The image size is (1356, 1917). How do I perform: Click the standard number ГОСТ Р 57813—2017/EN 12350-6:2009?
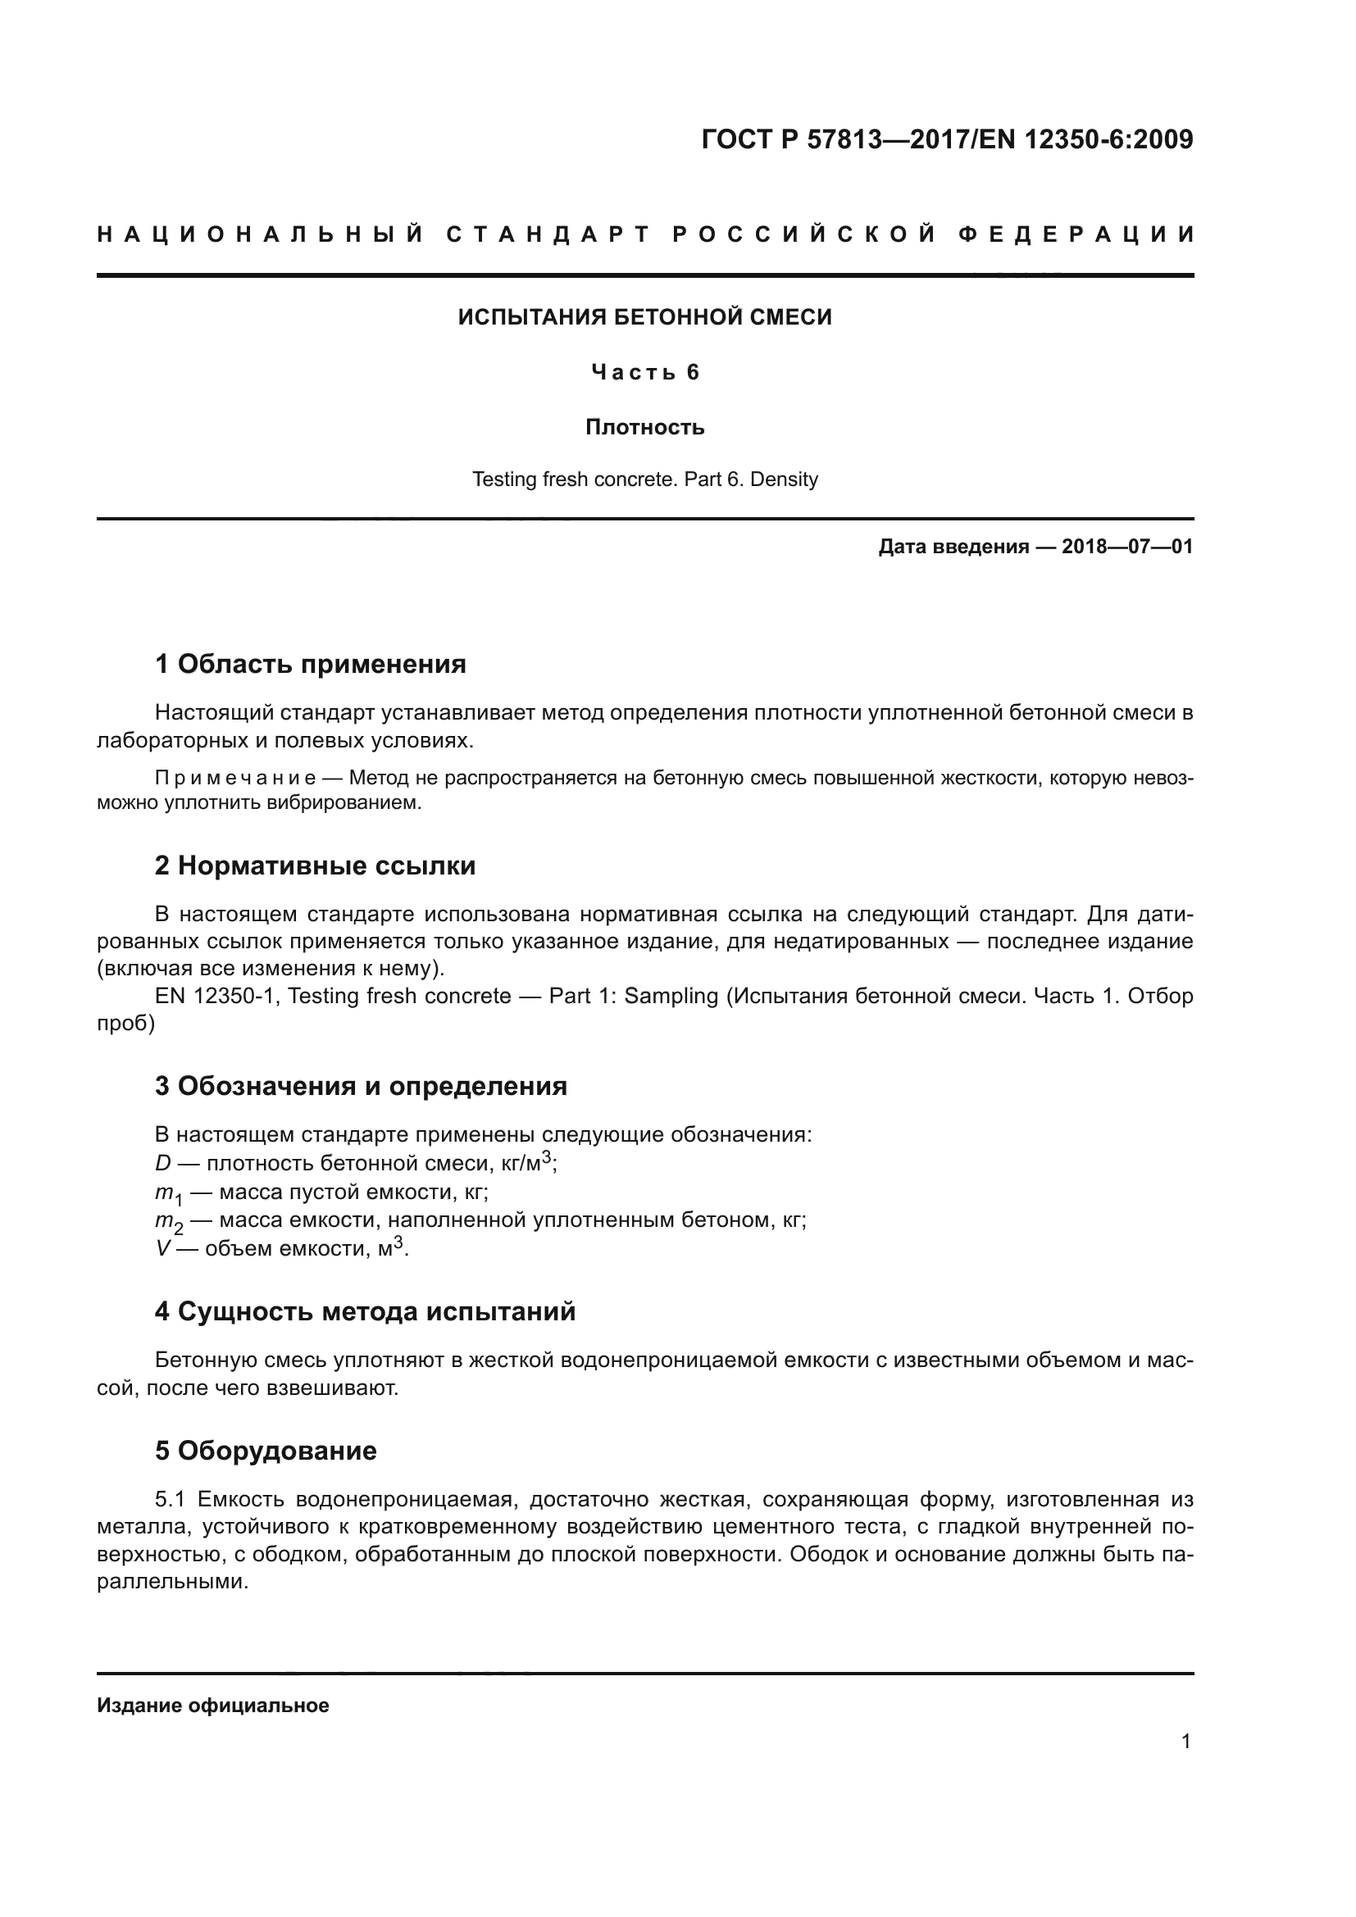click(x=947, y=139)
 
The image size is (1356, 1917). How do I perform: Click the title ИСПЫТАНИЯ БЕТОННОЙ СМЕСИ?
click(x=644, y=317)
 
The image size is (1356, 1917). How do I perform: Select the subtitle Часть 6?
click(x=644, y=372)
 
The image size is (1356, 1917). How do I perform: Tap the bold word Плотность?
click(x=644, y=428)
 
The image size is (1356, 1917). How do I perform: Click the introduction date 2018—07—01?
click(x=1127, y=547)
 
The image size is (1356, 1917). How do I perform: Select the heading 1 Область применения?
click(x=310, y=664)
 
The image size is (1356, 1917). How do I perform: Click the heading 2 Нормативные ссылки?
click(x=315, y=865)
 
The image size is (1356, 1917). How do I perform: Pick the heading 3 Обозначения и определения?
click(x=361, y=1085)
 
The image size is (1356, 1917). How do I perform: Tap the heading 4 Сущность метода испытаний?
click(x=365, y=1311)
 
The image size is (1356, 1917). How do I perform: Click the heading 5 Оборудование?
click(x=266, y=1451)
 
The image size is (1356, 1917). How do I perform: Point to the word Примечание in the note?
click(x=235, y=778)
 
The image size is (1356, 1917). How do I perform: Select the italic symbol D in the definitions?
click(x=163, y=1163)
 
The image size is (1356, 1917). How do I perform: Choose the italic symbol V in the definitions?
click(x=162, y=1249)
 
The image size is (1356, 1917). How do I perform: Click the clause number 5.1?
click(x=170, y=1500)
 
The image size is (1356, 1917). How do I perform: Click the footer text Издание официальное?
click(x=213, y=1706)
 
